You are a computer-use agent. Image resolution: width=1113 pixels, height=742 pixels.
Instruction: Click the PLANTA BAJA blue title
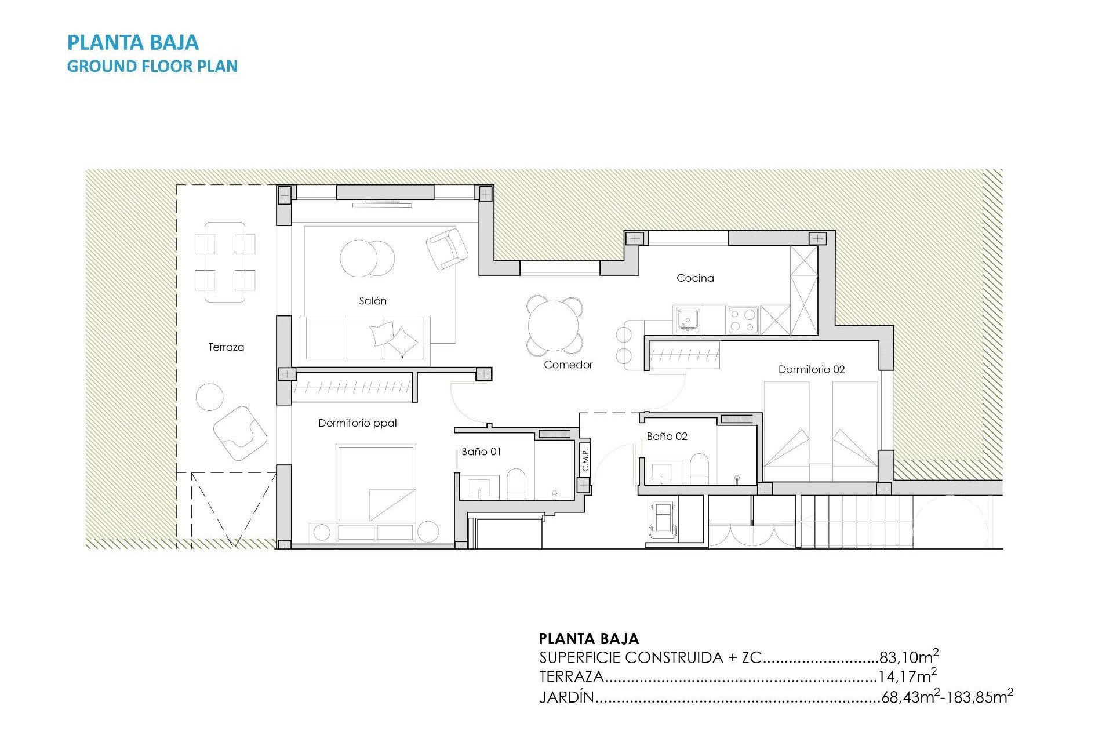[133, 42]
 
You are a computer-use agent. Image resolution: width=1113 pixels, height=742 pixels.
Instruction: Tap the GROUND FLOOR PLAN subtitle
[152, 66]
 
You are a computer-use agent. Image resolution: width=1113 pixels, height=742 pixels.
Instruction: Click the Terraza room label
[226, 347]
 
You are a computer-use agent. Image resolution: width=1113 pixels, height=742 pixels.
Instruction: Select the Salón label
[372, 301]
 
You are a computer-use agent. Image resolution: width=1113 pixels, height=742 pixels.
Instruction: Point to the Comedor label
[568, 365]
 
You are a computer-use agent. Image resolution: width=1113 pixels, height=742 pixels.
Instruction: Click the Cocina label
[695, 278]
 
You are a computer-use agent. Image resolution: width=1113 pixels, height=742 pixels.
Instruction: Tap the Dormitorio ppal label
[357, 423]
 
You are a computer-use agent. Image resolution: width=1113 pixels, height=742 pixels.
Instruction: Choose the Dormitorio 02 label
[811, 369]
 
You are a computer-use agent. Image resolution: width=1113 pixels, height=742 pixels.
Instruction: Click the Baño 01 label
[481, 452]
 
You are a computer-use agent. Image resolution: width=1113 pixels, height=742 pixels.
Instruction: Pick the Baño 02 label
[667, 437]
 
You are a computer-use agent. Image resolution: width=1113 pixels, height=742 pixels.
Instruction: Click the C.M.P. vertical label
[585, 459]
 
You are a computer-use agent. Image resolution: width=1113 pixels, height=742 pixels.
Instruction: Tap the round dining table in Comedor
[555, 325]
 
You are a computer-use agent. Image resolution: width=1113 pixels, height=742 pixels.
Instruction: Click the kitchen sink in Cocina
[688, 319]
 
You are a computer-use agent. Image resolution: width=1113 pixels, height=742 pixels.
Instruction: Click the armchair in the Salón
[446, 248]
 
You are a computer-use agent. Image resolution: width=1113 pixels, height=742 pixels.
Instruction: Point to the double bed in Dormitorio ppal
[376, 484]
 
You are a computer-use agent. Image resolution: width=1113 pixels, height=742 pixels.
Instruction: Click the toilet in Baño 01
[516, 483]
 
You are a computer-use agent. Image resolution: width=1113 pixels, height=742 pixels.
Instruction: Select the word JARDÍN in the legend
[567, 697]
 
